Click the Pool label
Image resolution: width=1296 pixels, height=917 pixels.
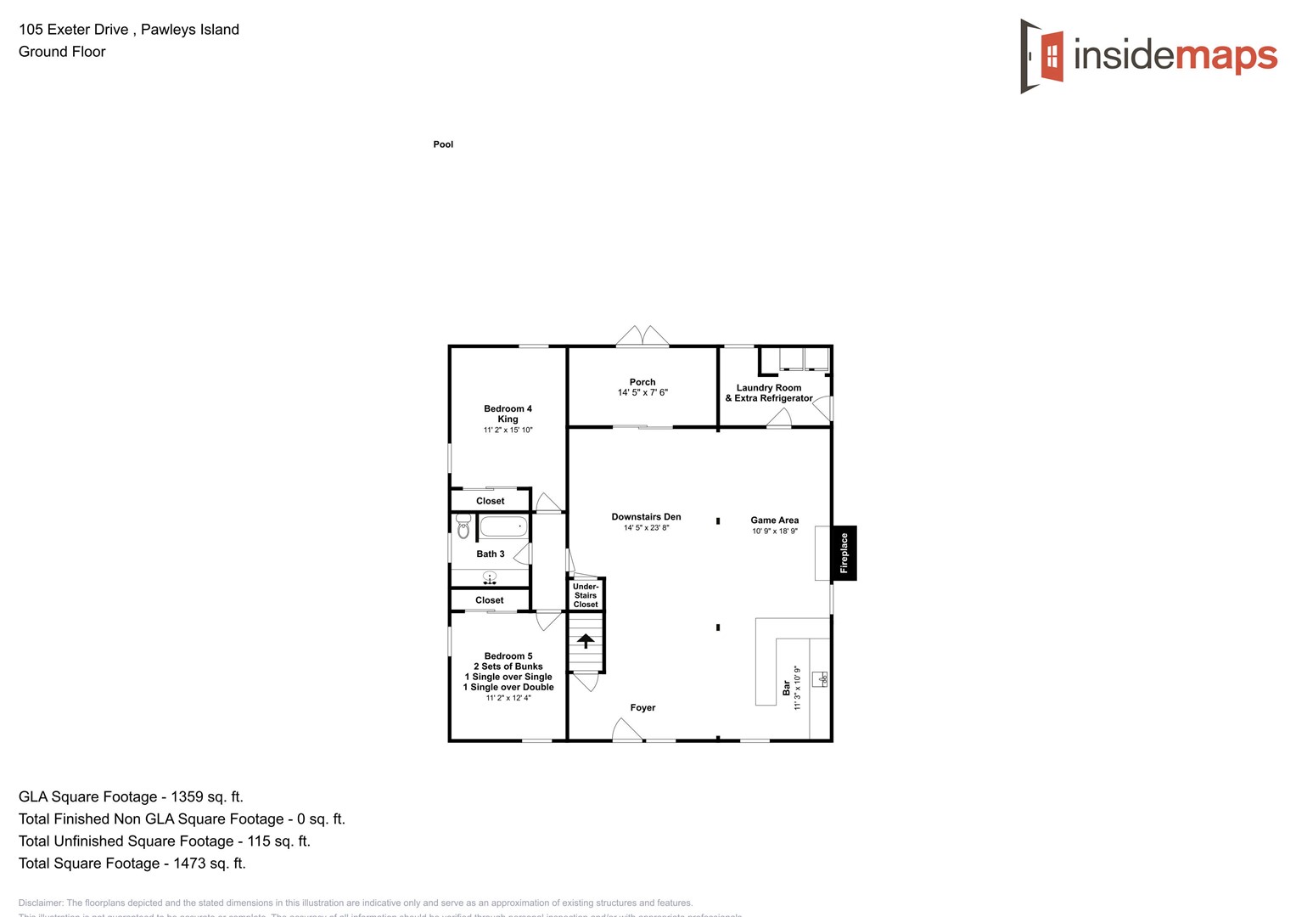[443, 144]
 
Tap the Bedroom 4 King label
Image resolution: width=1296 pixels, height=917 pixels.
[508, 413]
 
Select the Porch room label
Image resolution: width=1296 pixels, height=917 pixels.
[642, 382]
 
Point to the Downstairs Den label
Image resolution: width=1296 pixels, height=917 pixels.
[646, 517]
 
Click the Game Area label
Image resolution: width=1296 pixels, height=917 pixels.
[774, 520]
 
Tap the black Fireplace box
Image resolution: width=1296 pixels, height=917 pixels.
[844, 553]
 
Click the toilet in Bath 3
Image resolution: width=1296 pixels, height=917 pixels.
[463, 526]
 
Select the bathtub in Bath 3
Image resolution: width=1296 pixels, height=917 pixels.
[503, 527]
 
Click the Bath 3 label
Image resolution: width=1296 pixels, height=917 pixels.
[491, 554]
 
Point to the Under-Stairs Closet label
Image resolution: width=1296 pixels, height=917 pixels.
[586, 595]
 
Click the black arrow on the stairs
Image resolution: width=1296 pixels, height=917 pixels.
[586, 640]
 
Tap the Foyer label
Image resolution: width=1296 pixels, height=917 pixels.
[642, 708]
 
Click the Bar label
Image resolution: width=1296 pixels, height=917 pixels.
[787, 687]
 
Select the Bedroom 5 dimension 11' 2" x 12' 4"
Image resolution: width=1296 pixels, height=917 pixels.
[508, 698]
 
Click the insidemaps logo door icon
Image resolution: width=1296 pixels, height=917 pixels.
[1043, 56]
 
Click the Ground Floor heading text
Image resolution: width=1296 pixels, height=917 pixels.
[62, 52]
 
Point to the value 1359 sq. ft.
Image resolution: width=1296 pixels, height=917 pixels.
[207, 797]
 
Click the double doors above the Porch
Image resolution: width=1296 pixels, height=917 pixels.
[642, 336]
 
